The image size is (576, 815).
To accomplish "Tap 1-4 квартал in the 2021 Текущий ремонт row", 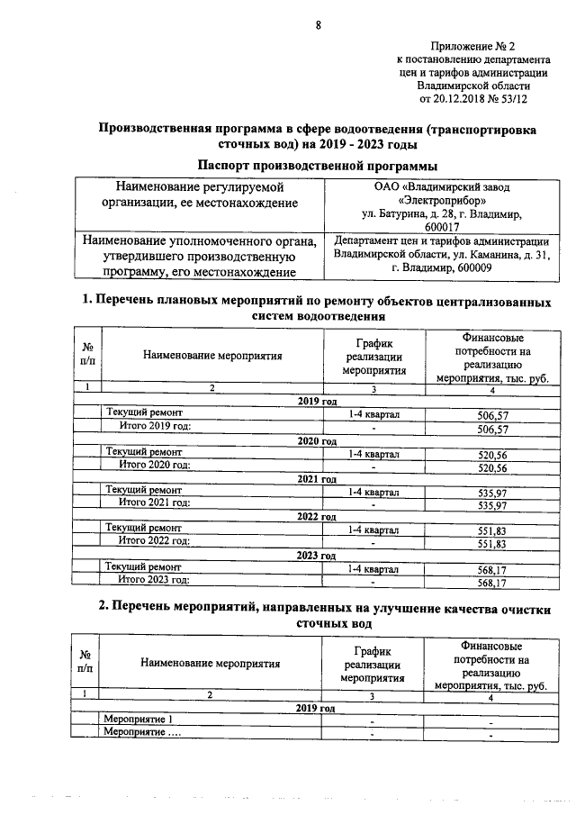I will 373,494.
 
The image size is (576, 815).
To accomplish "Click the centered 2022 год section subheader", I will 317,517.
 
